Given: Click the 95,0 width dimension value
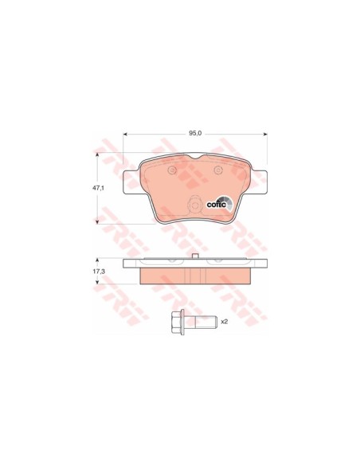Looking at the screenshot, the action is pos(195,134).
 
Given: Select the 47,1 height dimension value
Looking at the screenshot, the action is pos(97,188).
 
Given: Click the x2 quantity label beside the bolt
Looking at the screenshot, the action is pos(225,322).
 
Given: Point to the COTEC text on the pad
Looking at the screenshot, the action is pos(216,205).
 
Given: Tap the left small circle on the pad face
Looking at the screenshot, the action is pos(172,170).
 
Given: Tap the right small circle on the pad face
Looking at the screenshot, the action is pos(218,170).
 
